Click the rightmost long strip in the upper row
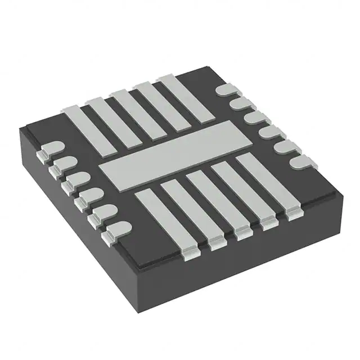pyautogui.click(x=186, y=96)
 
